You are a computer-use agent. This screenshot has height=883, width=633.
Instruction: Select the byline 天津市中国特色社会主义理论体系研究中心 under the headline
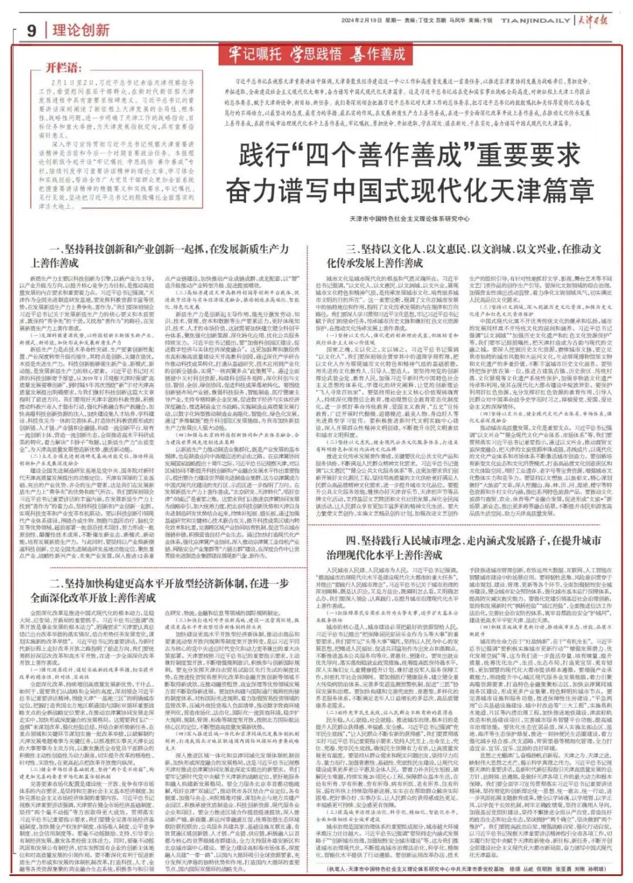coord(410,219)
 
